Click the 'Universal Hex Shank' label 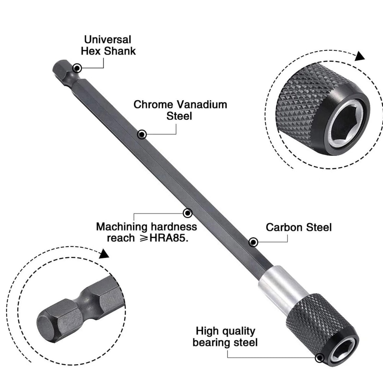(108, 45)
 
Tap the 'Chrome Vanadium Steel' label (180, 110)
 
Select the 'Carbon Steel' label (299, 227)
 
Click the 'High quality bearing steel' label (225, 336)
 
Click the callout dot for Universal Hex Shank (77, 68)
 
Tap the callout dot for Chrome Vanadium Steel (142, 134)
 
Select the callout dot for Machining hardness (187, 213)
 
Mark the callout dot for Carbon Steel (253, 242)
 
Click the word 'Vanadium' (201, 105)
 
